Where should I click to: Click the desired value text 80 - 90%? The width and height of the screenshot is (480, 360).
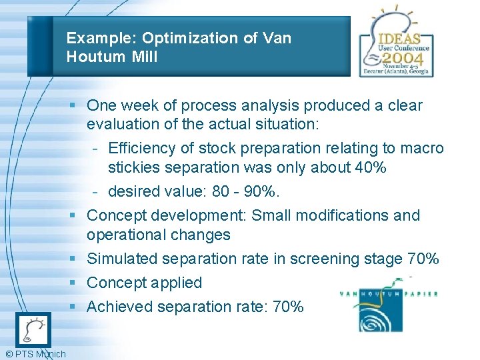pos(246,191)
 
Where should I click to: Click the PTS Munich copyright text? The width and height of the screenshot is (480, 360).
pos(35,354)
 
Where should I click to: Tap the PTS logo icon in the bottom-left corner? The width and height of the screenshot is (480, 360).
pos(33,330)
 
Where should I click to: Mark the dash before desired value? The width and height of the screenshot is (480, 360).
pos(97,192)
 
